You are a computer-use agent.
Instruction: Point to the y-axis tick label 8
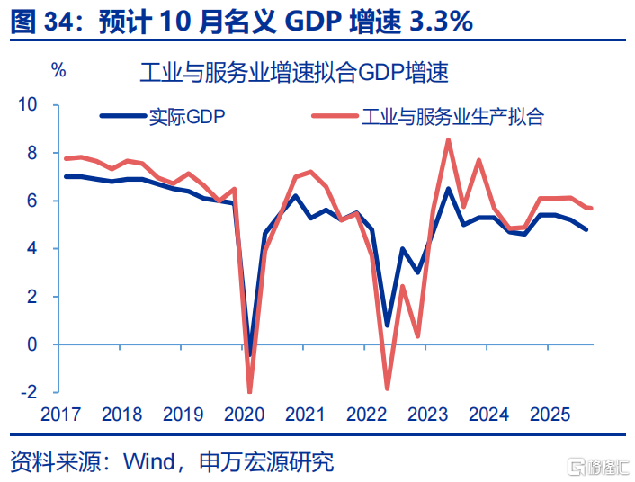tap(34, 153)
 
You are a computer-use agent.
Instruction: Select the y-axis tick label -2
tap(31, 392)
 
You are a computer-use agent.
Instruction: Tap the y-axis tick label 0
tap(34, 344)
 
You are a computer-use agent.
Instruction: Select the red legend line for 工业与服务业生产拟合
tap(337, 116)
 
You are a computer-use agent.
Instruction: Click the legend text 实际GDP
tap(189, 116)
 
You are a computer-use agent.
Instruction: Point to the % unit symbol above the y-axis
tap(59, 69)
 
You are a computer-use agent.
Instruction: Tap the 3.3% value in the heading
tap(441, 21)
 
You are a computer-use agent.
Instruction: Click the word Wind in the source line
tap(148, 462)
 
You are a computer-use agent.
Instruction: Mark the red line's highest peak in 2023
tap(448, 139)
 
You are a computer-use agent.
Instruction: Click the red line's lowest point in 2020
tap(249, 392)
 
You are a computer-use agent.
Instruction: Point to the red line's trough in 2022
tap(387, 388)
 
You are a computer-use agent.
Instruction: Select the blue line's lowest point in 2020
tap(249, 355)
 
